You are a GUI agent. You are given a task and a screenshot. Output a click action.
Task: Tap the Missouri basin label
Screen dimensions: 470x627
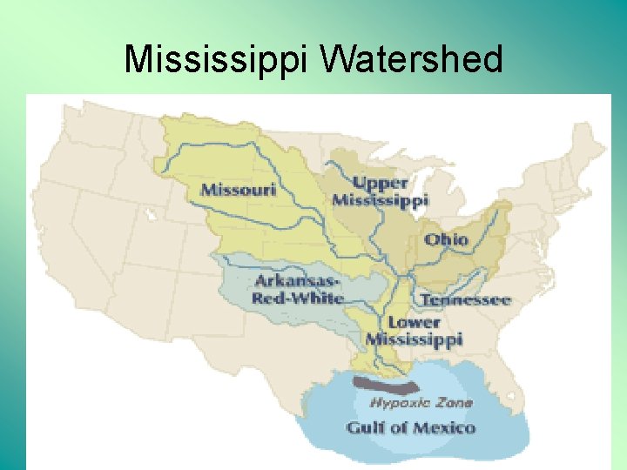tap(238, 188)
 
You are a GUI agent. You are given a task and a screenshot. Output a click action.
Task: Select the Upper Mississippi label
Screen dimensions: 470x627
tap(380, 191)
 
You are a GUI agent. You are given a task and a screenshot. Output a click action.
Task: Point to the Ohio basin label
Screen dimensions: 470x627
tap(446, 239)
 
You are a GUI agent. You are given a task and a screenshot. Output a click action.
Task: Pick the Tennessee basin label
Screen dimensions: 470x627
tap(465, 300)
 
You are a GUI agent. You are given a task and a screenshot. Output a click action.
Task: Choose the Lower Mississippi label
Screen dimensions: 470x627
tap(414, 331)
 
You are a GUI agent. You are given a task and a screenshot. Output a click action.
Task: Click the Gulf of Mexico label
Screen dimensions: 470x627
tap(411, 427)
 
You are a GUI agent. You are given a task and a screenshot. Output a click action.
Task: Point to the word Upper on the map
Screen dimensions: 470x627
tap(381, 182)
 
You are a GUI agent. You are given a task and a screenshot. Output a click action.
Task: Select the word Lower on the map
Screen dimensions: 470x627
tap(414, 322)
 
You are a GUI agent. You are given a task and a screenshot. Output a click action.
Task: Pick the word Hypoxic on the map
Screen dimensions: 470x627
tap(398, 402)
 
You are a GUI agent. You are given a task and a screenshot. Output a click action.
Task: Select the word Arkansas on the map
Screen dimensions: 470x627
tap(296, 280)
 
